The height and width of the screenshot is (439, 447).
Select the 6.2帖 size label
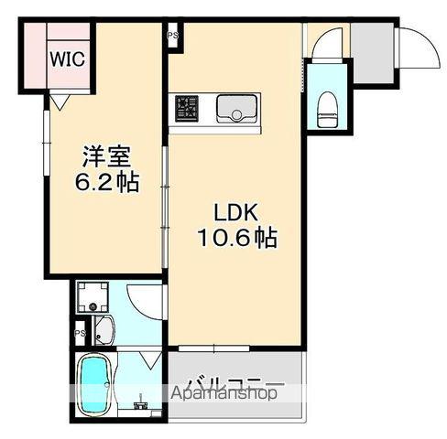(x=106, y=182)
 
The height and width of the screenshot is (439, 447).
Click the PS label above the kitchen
(x=172, y=37)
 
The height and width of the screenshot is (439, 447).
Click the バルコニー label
(x=235, y=382)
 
